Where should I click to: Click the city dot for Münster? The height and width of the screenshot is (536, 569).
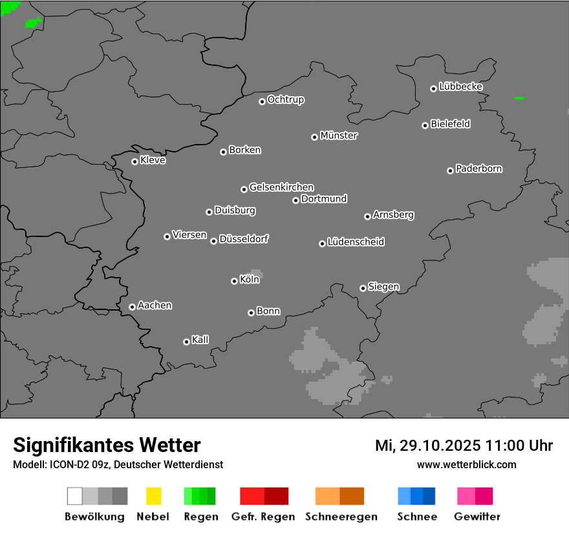point(314,137)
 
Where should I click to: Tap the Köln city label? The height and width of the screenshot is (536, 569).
point(250,280)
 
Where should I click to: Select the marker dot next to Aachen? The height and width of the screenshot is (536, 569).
point(132,307)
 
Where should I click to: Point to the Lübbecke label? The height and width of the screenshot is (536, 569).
point(460,87)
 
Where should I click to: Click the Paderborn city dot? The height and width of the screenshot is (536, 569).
point(450,170)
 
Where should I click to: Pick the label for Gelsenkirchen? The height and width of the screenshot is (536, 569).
point(281,187)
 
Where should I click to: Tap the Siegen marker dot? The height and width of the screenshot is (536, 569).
point(363,288)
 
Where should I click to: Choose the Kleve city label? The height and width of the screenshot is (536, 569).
point(153,160)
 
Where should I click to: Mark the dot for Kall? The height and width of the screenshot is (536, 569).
point(186,342)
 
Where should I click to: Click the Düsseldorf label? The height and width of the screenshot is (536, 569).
point(244,239)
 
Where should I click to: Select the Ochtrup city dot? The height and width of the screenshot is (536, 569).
point(262,101)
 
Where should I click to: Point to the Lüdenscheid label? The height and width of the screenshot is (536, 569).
point(356,242)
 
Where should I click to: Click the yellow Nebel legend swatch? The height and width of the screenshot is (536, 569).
point(153,496)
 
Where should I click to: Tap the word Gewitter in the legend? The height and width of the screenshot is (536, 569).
point(477,517)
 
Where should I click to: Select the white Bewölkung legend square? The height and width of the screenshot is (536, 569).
point(75,496)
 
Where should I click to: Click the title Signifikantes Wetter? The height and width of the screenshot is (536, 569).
point(107,445)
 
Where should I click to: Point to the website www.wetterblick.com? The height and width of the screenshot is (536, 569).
point(466,464)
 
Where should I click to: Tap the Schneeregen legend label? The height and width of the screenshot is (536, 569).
point(339,517)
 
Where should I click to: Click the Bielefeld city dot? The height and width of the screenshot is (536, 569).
point(425,125)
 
